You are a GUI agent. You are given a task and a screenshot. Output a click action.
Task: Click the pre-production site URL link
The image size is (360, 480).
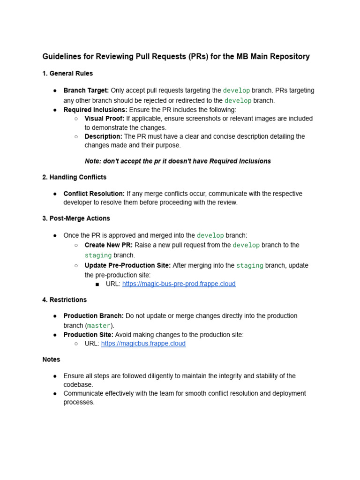(179, 284)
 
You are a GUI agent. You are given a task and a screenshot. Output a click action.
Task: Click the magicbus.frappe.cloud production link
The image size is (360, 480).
(143, 344)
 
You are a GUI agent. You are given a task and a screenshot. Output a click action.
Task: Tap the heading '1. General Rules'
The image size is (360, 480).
(67, 73)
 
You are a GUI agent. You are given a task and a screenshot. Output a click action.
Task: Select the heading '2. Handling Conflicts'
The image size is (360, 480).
(74, 177)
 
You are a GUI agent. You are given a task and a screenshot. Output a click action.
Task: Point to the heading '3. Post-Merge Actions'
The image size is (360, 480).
(76, 218)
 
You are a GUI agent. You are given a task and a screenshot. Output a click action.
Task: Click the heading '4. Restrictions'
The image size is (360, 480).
(64, 300)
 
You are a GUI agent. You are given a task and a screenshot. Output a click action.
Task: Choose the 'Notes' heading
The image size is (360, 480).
(51, 360)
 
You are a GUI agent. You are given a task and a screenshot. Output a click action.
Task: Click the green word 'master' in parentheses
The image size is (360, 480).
(99, 325)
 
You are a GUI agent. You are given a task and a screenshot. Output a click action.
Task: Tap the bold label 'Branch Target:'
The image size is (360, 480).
(86, 90)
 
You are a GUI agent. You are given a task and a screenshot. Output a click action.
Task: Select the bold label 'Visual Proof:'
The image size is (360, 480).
(105, 119)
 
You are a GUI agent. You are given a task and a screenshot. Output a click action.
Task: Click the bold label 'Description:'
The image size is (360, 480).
(104, 136)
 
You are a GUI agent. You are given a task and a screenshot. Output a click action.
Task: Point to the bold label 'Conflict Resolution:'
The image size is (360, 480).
(94, 194)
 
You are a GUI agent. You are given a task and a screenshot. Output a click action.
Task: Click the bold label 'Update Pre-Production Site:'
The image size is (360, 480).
(127, 265)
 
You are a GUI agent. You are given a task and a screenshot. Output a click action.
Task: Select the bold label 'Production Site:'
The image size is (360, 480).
(88, 335)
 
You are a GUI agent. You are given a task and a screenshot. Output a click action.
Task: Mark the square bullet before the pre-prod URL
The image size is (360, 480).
(97, 284)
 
